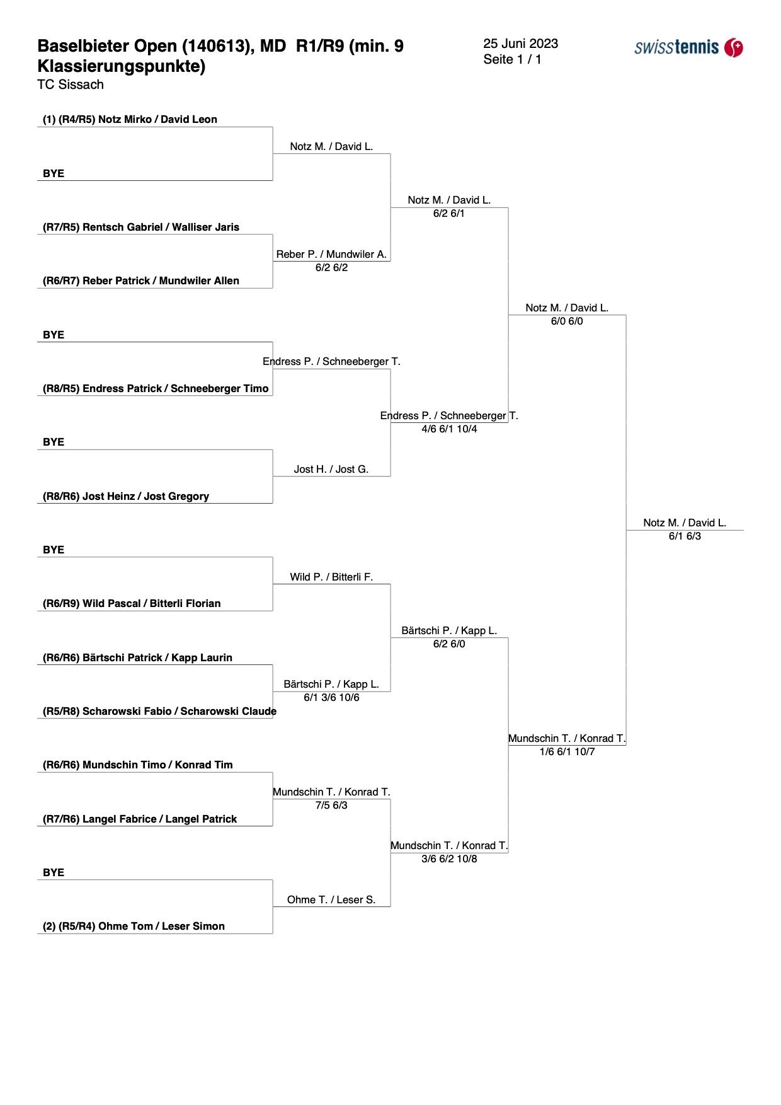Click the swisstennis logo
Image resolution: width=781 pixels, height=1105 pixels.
pyautogui.click(x=688, y=47)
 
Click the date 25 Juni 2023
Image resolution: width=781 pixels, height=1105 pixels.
pyautogui.click(x=520, y=43)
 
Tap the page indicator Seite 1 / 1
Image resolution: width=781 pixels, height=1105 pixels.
pyautogui.click(x=512, y=59)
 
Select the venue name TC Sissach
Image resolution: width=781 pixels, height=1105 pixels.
pyautogui.click(x=71, y=84)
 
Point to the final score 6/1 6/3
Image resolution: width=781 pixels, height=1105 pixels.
pyautogui.click(x=685, y=536)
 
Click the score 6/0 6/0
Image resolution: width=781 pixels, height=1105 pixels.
pyautogui.click(x=567, y=321)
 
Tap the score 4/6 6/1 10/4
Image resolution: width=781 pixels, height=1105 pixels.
pyautogui.click(x=449, y=429)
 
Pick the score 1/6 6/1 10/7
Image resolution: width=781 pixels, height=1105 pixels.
pyautogui.click(x=567, y=751)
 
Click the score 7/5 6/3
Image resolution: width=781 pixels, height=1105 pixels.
pyautogui.click(x=331, y=805)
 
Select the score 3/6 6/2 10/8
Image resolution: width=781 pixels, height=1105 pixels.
pyautogui.click(x=449, y=859)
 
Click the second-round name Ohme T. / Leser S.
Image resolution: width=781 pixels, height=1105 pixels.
pyautogui.click(x=331, y=900)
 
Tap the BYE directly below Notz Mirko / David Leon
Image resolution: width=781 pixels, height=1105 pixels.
pyautogui.click(x=54, y=173)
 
